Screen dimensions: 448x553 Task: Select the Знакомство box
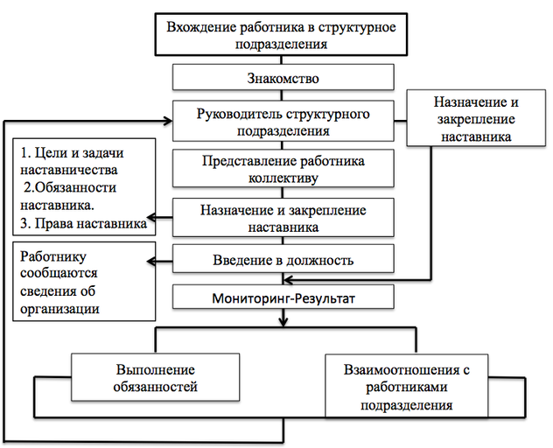pyautogui.click(x=283, y=77)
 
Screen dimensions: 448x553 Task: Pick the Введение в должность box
pyautogui.click(x=283, y=260)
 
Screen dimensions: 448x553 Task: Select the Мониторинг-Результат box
pyautogui.click(x=283, y=298)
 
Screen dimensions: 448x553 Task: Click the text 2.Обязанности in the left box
pyautogui.click(x=66, y=188)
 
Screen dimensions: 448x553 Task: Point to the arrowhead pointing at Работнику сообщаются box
pyautogui.click(x=150, y=260)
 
